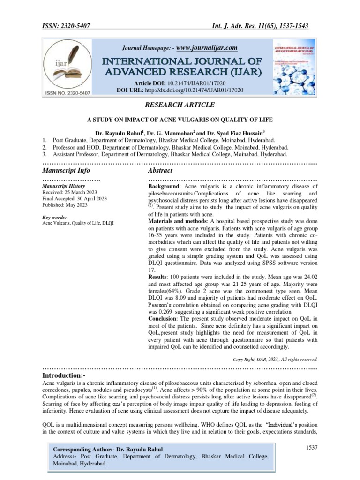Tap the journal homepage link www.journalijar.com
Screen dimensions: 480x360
(x=206, y=48)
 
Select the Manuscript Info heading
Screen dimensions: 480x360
(x=66, y=170)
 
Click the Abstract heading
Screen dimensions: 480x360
(x=160, y=170)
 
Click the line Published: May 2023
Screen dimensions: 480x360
(x=65, y=205)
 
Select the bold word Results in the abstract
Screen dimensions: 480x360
(x=159, y=278)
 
